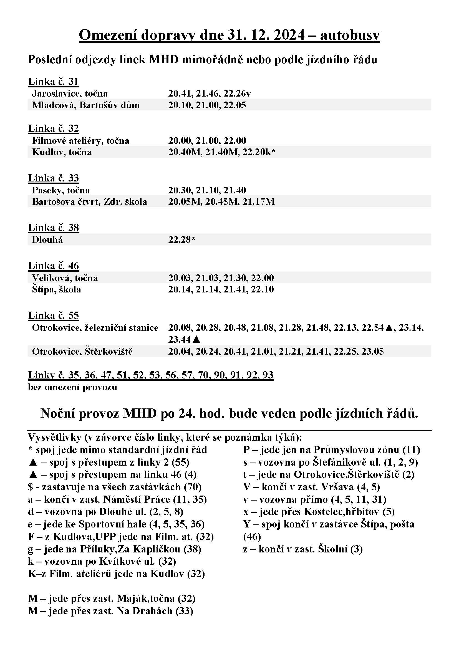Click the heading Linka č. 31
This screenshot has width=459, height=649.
[53, 81]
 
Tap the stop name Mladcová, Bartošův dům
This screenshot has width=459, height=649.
[86, 105]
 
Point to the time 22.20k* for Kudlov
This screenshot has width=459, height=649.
[259, 152]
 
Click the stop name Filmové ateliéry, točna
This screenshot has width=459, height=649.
[80, 140]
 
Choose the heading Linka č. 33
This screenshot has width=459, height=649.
[53, 178]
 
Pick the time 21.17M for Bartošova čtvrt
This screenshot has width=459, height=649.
[258, 201]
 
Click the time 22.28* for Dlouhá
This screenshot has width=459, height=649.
[182, 240]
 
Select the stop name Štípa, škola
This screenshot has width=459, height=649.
[57, 289]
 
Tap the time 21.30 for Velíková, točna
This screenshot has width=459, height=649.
[234, 278]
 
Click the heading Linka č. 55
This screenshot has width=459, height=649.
[53, 315]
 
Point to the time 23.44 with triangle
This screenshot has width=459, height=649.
[184, 339]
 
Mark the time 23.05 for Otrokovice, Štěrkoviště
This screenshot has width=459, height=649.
[372, 351]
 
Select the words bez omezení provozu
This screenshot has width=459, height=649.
[72, 387]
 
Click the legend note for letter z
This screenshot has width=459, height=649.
[303, 549]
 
